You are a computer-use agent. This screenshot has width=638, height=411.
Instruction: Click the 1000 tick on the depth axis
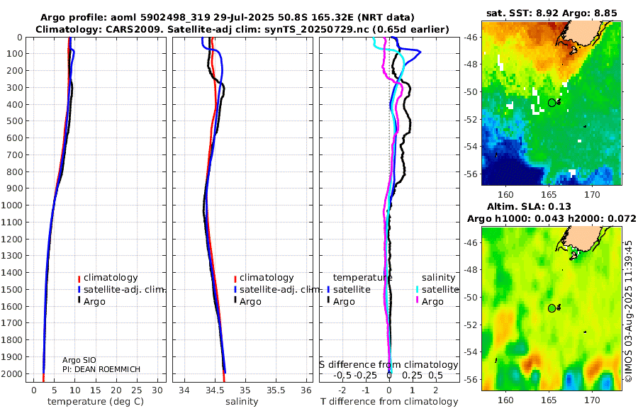coord(13,205)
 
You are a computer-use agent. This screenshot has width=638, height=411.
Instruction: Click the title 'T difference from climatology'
coord(389,402)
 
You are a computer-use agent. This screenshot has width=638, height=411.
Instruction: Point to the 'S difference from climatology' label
coord(388,365)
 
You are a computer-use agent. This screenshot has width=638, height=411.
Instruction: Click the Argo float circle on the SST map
coord(552,103)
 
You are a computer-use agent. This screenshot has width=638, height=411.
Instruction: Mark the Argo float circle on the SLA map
coord(552,308)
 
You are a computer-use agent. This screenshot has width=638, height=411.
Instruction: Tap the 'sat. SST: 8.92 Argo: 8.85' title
coord(551,12)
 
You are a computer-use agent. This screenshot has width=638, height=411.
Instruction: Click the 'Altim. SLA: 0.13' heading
coord(551,205)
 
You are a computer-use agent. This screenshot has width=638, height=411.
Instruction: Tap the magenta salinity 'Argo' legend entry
coord(432,302)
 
